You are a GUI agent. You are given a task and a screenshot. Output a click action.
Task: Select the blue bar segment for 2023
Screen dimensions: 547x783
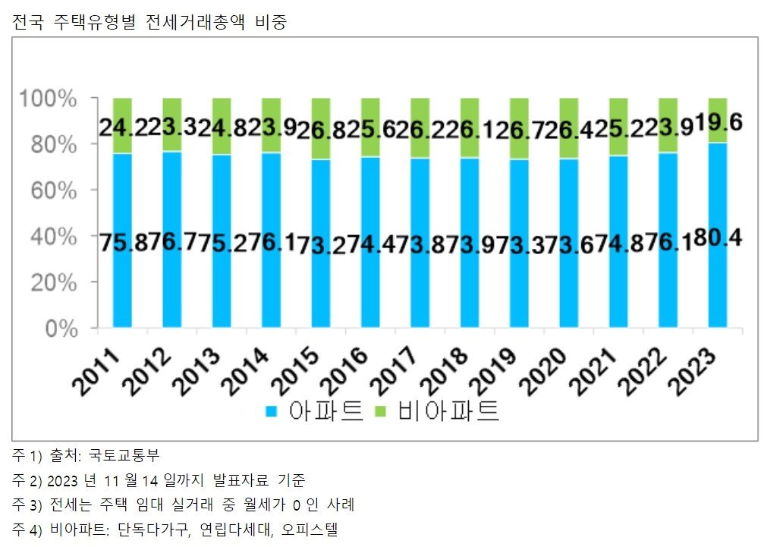pyautogui.click(x=717, y=288)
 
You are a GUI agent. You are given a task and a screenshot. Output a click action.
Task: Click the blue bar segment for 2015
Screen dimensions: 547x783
pyautogui.click(x=321, y=288)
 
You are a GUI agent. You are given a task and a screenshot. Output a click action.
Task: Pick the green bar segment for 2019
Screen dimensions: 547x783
pyautogui.click(x=519, y=110)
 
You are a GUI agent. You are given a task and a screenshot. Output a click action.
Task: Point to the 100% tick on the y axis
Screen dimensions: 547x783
pyautogui.click(x=49, y=98)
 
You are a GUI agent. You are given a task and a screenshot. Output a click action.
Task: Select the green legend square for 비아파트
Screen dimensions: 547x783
pyautogui.click(x=382, y=412)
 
